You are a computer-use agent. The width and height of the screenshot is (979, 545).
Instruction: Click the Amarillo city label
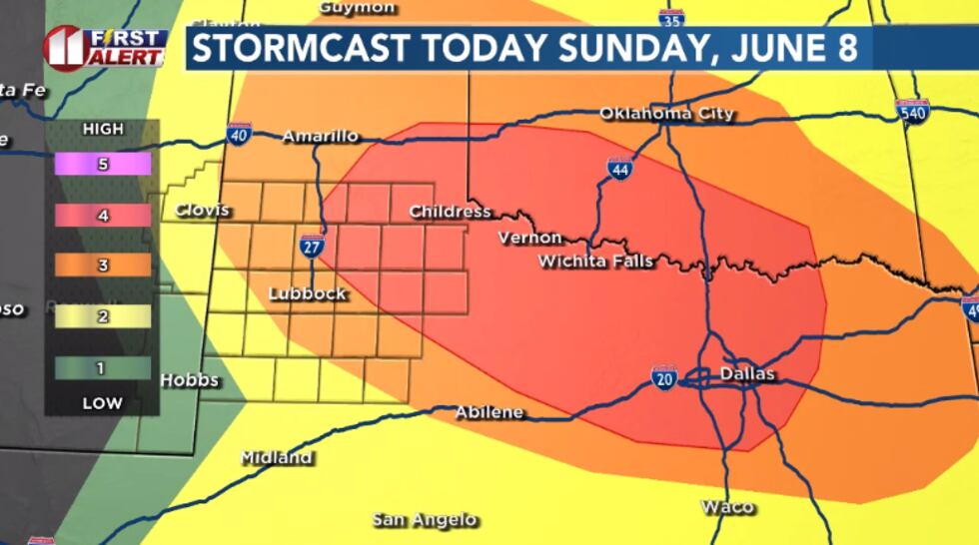pos(320,136)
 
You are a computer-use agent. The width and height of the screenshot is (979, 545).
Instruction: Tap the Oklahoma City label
pos(666,114)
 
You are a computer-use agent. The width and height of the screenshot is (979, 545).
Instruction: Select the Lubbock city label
pos(308,293)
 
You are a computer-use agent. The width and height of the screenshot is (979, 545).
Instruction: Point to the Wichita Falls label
pos(595,262)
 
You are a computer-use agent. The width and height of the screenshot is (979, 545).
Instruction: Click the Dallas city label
pos(747,374)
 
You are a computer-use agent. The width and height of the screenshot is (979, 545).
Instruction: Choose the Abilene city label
pos(489,412)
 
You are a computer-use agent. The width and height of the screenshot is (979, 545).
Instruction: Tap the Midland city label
pos(277,457)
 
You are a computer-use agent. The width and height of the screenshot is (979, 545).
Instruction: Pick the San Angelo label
pos(425,520)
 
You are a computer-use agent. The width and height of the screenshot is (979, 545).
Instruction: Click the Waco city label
pos(727,507)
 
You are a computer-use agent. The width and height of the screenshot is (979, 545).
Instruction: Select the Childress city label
pos(450,212)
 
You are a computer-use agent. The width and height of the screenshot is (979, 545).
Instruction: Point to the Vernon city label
pos(530,238)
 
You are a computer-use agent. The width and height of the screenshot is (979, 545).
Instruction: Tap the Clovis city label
pos(202,211)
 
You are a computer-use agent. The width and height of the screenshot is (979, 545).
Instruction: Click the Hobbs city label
pos(190,380)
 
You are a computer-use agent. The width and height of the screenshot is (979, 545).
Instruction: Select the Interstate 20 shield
pos(663,377)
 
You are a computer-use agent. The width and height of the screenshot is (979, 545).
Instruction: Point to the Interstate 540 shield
pos(911,111)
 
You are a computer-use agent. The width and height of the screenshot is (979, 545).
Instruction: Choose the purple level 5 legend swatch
pos(103,164)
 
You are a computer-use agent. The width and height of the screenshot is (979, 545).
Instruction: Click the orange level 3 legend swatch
pos(103,266)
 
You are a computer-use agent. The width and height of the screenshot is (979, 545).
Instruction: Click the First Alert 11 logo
pos(104,47)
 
